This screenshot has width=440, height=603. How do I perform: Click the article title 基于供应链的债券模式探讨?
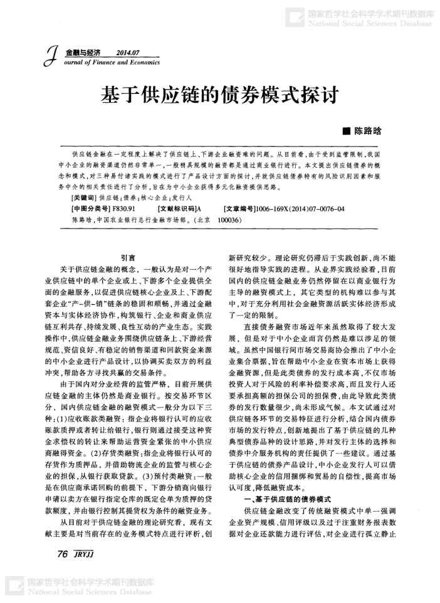(x=219, y=96)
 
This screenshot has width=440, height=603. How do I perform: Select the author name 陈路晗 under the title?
(x=368, y=132)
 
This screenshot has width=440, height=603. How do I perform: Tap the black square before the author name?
(x=344, y=132)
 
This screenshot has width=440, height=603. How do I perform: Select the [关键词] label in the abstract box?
(x=85, y=196)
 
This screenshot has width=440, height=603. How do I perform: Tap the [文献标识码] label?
(x=176, y=207)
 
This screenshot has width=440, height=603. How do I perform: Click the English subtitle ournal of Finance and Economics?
(x=112, y=63)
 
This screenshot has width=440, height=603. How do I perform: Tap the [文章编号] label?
(x=239, y=207)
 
